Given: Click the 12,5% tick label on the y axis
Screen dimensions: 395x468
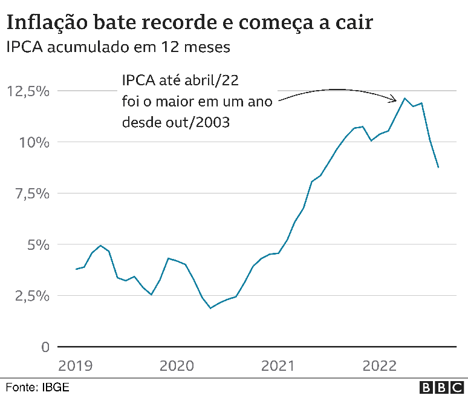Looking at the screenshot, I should [28, 91].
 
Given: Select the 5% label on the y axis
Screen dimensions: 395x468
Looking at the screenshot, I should [38, 245].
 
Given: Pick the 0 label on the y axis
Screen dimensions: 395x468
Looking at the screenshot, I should [44, 347].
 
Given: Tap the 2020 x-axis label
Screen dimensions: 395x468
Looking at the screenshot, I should [177, 366].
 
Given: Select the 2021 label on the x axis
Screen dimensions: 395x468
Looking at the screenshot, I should [278, 366].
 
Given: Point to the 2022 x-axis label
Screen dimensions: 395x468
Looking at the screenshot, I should [379, 366].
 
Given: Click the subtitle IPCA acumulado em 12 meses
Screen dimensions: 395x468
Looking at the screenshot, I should [119, 47].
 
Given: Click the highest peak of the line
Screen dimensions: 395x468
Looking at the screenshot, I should [405, 98].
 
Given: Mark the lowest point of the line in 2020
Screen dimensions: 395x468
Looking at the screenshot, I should [210, 308].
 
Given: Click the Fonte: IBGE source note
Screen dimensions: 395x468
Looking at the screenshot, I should [37, 387].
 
